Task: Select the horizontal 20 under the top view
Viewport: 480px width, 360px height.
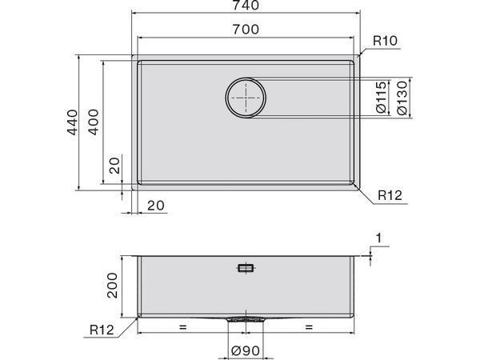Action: [x=156, y=205]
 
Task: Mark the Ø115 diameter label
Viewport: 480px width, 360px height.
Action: [x=381, y=98]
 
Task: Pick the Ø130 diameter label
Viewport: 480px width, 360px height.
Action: [x=403, y=98]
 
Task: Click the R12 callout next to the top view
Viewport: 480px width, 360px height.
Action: [x=389, y=194]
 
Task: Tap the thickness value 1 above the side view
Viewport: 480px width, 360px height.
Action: [x=378, y=238]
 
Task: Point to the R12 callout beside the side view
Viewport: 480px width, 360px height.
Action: [x=101, y=328]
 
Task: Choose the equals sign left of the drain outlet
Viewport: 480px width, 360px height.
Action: [x=182, y=327]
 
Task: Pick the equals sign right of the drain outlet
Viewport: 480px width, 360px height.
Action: [x=309, y=327]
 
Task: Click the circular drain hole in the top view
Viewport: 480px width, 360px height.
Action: [x=246, y=98]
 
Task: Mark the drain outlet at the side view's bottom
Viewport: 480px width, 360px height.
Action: [x=246, y=318]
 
